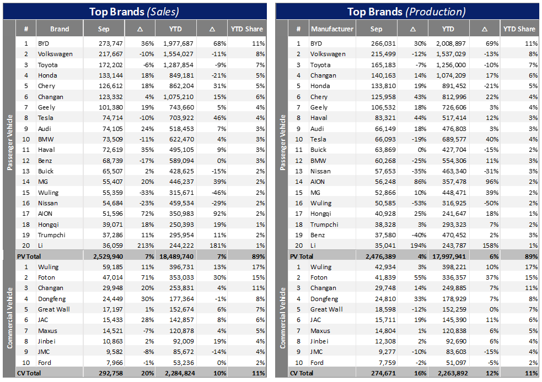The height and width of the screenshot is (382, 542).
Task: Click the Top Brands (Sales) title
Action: (x=135, y=11)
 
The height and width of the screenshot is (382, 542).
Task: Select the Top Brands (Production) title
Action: (x=406, y=11)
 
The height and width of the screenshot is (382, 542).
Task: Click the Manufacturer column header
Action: (x=332, y=29)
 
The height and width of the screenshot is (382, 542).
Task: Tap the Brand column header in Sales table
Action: (x=60, y=29)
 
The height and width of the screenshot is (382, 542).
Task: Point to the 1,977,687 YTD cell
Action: (x=179, y=43)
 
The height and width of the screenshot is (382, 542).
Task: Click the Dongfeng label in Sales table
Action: (x=52, y=299)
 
